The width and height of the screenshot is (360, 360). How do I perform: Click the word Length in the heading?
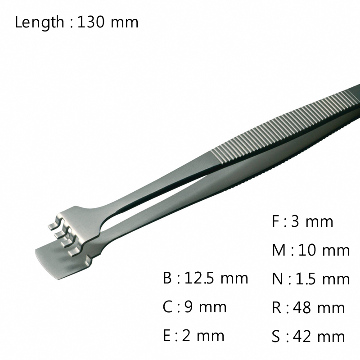coord(40,22)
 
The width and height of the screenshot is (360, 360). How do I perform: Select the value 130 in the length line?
coord(91,22)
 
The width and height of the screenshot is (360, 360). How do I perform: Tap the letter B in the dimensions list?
coord(167,278)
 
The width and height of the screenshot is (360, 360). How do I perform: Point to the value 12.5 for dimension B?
coord(199,278)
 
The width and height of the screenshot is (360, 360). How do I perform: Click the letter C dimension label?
coord(168,307)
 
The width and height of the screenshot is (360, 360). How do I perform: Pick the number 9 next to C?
coord(189,307)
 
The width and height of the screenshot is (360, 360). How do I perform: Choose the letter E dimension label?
coord(166,335)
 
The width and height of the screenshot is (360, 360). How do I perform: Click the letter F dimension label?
coord(275,221)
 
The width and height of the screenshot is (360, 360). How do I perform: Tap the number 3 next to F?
coord(296,221)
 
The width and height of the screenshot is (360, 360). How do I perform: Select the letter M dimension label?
coord(279,250)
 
